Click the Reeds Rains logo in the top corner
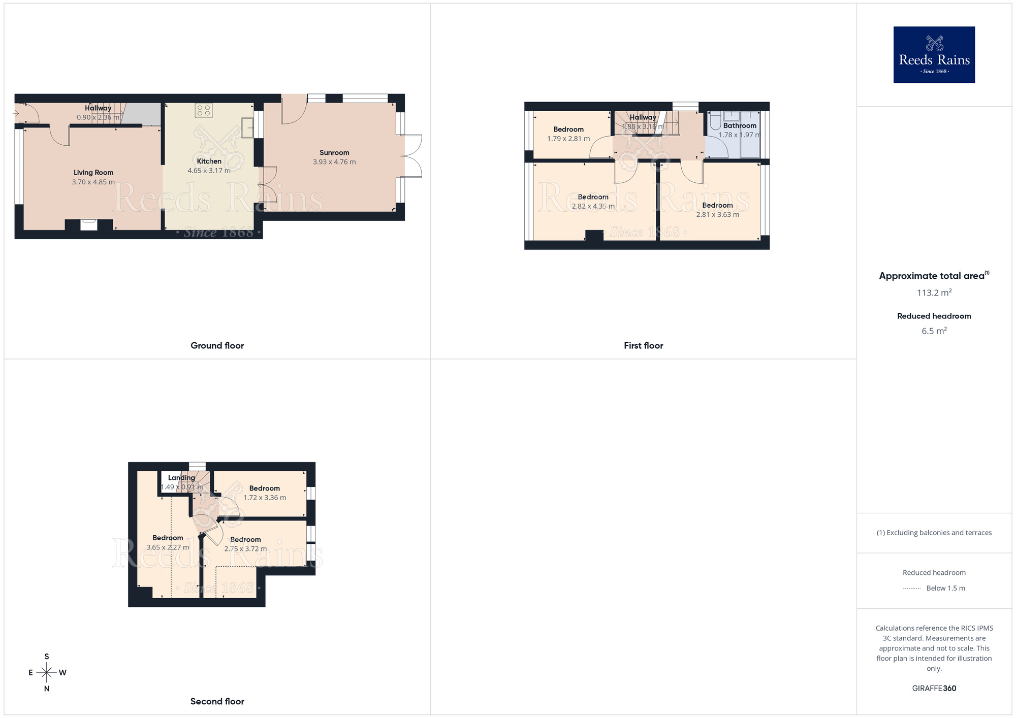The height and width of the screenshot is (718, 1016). (934, 55)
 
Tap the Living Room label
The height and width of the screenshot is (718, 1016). (93, 173)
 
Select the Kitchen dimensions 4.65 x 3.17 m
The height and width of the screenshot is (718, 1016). (209, 171)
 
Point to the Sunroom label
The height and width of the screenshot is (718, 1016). (334, 153)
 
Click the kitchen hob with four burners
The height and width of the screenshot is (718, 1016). (204, 111)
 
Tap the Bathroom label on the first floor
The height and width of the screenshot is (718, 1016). (740, 126)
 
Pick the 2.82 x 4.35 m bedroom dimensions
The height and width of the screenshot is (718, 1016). (593, 206)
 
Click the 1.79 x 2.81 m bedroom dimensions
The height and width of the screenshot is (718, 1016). (568, 139)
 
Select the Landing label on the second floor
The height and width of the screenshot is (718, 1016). (181, 478)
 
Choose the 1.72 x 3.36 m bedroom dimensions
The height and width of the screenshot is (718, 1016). (265, 498)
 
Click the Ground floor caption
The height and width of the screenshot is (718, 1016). (217, 346)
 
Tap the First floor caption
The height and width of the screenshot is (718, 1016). (643, 346)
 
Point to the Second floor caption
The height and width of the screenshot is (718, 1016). (217, 702)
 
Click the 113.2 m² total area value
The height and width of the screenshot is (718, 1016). (934, 293)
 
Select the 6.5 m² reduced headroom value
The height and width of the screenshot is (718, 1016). (934, 331)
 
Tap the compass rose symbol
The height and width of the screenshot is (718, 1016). (47, 673)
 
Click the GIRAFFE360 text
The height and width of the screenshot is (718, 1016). (934, 689)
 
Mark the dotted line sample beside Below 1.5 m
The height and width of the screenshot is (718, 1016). (912, 589)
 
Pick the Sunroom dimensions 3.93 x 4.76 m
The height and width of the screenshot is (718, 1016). (334, 162)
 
